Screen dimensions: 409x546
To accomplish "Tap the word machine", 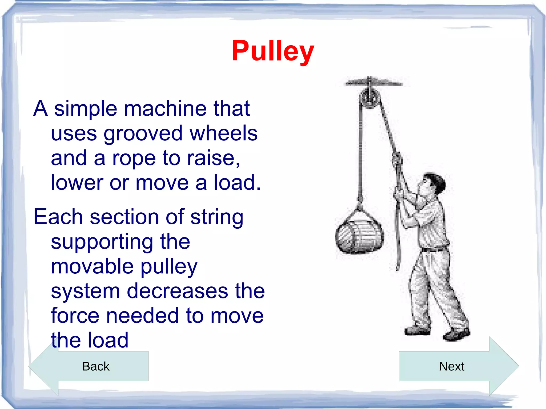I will [165, 109].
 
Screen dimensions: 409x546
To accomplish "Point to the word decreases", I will [177, 291].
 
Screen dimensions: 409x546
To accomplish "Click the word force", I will [75, 315].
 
